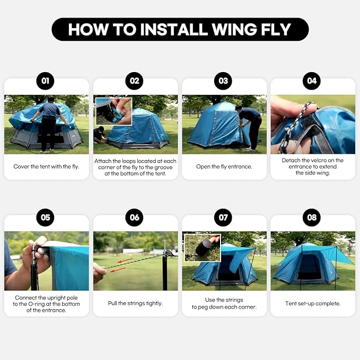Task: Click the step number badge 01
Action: point(45,81)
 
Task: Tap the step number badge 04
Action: point(312,81)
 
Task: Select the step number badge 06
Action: point(134,217)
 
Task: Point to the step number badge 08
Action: point(312,217)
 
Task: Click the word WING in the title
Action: point(233,30)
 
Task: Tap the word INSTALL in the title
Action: point(174,30)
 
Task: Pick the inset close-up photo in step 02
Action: point(114,111)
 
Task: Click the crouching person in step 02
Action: point(100,135)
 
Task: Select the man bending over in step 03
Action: point(250,128)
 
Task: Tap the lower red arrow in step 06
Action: point(118,270)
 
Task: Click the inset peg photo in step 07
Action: point(203,248)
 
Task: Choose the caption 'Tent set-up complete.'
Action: point(313,303)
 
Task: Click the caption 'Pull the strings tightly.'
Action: point(135,303)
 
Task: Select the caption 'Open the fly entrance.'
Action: point(224,166)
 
